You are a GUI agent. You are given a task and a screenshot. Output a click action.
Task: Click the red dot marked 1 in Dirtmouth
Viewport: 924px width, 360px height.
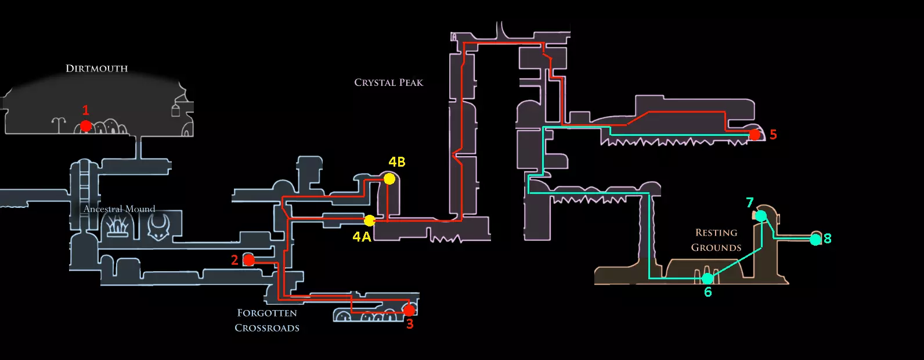point(86,125)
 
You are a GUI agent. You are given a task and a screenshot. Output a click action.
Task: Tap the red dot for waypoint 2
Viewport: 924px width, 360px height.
point(249,260)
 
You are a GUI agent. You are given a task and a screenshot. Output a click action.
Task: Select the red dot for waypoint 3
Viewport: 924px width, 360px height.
point(409,310)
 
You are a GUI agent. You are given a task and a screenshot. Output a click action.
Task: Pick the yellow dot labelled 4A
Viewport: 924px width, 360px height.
point(370,221)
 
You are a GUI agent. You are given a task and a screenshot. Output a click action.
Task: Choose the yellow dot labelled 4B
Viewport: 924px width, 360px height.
point(389,179)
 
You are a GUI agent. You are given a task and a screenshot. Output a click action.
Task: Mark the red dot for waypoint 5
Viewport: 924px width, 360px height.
point(755,135)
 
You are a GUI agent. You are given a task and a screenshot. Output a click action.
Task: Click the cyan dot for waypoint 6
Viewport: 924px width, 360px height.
point(708,279)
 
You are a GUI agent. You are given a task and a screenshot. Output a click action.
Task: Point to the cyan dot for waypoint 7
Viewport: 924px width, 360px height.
point(761,216)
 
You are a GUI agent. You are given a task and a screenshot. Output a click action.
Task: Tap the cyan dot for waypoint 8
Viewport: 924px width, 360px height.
point(815,239)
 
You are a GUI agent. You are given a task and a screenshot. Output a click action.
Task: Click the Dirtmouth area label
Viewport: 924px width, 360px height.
point(96,69)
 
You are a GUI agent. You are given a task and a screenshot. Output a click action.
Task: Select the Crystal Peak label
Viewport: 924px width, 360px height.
point(388,82)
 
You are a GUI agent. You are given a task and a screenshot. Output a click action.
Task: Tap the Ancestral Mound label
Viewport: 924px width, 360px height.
point(119,209)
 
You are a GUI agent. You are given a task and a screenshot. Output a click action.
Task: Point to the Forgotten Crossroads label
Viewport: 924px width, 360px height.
point(267,321)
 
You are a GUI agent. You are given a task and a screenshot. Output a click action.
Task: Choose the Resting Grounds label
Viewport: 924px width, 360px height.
point(716,240)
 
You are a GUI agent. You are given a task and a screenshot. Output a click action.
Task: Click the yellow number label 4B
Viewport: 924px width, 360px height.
point(397,162)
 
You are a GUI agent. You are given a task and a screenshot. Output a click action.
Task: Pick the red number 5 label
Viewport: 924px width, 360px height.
point(773,135)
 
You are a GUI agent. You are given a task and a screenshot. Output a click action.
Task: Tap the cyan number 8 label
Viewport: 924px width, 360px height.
point(828,239)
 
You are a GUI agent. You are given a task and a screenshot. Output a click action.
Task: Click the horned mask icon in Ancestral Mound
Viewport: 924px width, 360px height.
point(158,226)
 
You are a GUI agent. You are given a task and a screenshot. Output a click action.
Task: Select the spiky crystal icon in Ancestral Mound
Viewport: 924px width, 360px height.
point(117,225)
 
